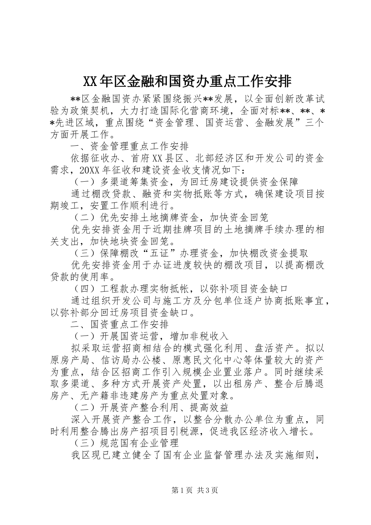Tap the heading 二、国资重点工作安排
[120, 324]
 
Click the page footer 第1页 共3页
[185, 490]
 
